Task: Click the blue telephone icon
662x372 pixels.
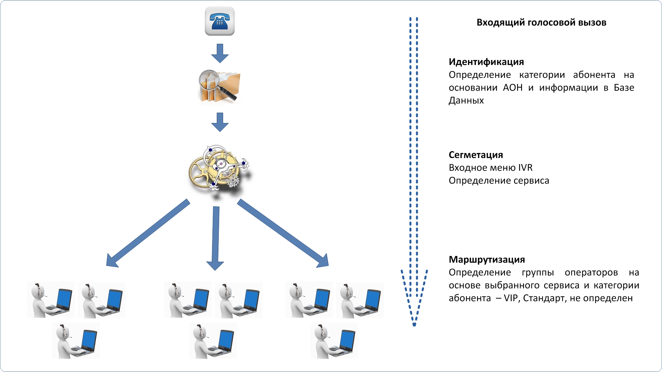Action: (219, 21)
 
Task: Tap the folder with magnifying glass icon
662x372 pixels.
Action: (219, 86)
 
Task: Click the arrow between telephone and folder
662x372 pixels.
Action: (220, 53)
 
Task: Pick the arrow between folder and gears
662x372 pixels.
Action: (220, 122)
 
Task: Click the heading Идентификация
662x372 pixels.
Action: (486, 62)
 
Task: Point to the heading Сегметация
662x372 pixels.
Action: (476, 155)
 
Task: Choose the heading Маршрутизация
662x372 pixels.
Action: (487, 259)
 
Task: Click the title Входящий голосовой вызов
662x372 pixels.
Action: (541, 23)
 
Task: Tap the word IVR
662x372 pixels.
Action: (525, 167)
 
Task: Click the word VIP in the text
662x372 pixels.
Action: (511, 298)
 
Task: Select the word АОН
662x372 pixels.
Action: (512, 88)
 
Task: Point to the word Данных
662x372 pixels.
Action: (466, 100)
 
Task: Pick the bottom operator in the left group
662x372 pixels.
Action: (76, 341)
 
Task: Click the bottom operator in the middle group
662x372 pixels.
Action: (213, 341)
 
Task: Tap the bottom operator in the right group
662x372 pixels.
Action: (334, 341)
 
